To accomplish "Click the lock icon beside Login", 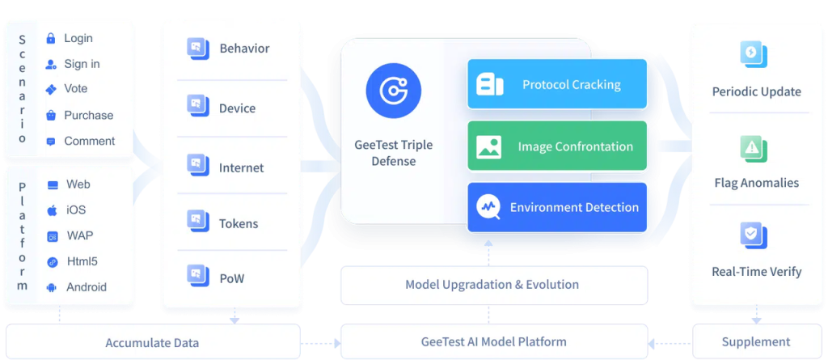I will click(51, 38).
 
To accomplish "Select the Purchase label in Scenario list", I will click(88, 115).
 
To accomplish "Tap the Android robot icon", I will click(52, 287).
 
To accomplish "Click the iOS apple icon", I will click(52, 210).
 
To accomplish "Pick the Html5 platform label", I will click(82, 261).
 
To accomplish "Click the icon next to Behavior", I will click(195, 48).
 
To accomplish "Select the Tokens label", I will click(238, 223).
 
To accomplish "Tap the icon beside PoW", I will click(195, 278).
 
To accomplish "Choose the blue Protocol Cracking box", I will click(557, 84).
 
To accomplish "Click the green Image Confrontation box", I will click(557, 146).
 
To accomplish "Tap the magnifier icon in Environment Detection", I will click(488, 207).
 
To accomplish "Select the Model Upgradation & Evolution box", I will click(492, 284).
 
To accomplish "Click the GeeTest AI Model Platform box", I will click(492, 341).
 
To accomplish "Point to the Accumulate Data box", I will click(152, 342).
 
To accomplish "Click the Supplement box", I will click(755, 341).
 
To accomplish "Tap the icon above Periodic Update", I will click(753, 54).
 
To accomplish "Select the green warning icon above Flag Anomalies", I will click(753, 147).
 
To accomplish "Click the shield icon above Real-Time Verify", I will click(753, 235).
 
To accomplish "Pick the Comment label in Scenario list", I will click(89, 141).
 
